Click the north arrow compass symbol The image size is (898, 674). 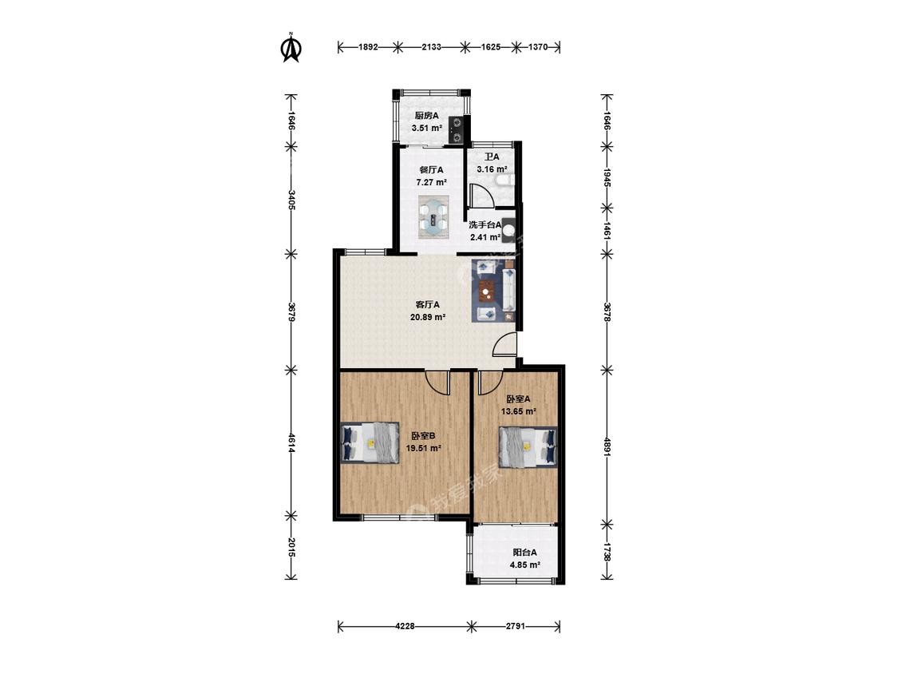291,48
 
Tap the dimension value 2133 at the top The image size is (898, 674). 431,48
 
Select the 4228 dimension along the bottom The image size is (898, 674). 405,626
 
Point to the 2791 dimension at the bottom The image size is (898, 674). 516,626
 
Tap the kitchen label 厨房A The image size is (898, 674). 426,115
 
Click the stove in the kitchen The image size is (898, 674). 457,129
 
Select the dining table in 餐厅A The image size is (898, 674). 433,217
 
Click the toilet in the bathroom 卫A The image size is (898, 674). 504,182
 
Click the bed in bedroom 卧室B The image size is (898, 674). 370,442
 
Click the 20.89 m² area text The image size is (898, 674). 428,316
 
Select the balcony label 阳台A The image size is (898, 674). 524,553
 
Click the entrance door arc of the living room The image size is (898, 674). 504,345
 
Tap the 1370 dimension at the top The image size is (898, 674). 538,48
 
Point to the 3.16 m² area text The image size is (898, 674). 493,169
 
